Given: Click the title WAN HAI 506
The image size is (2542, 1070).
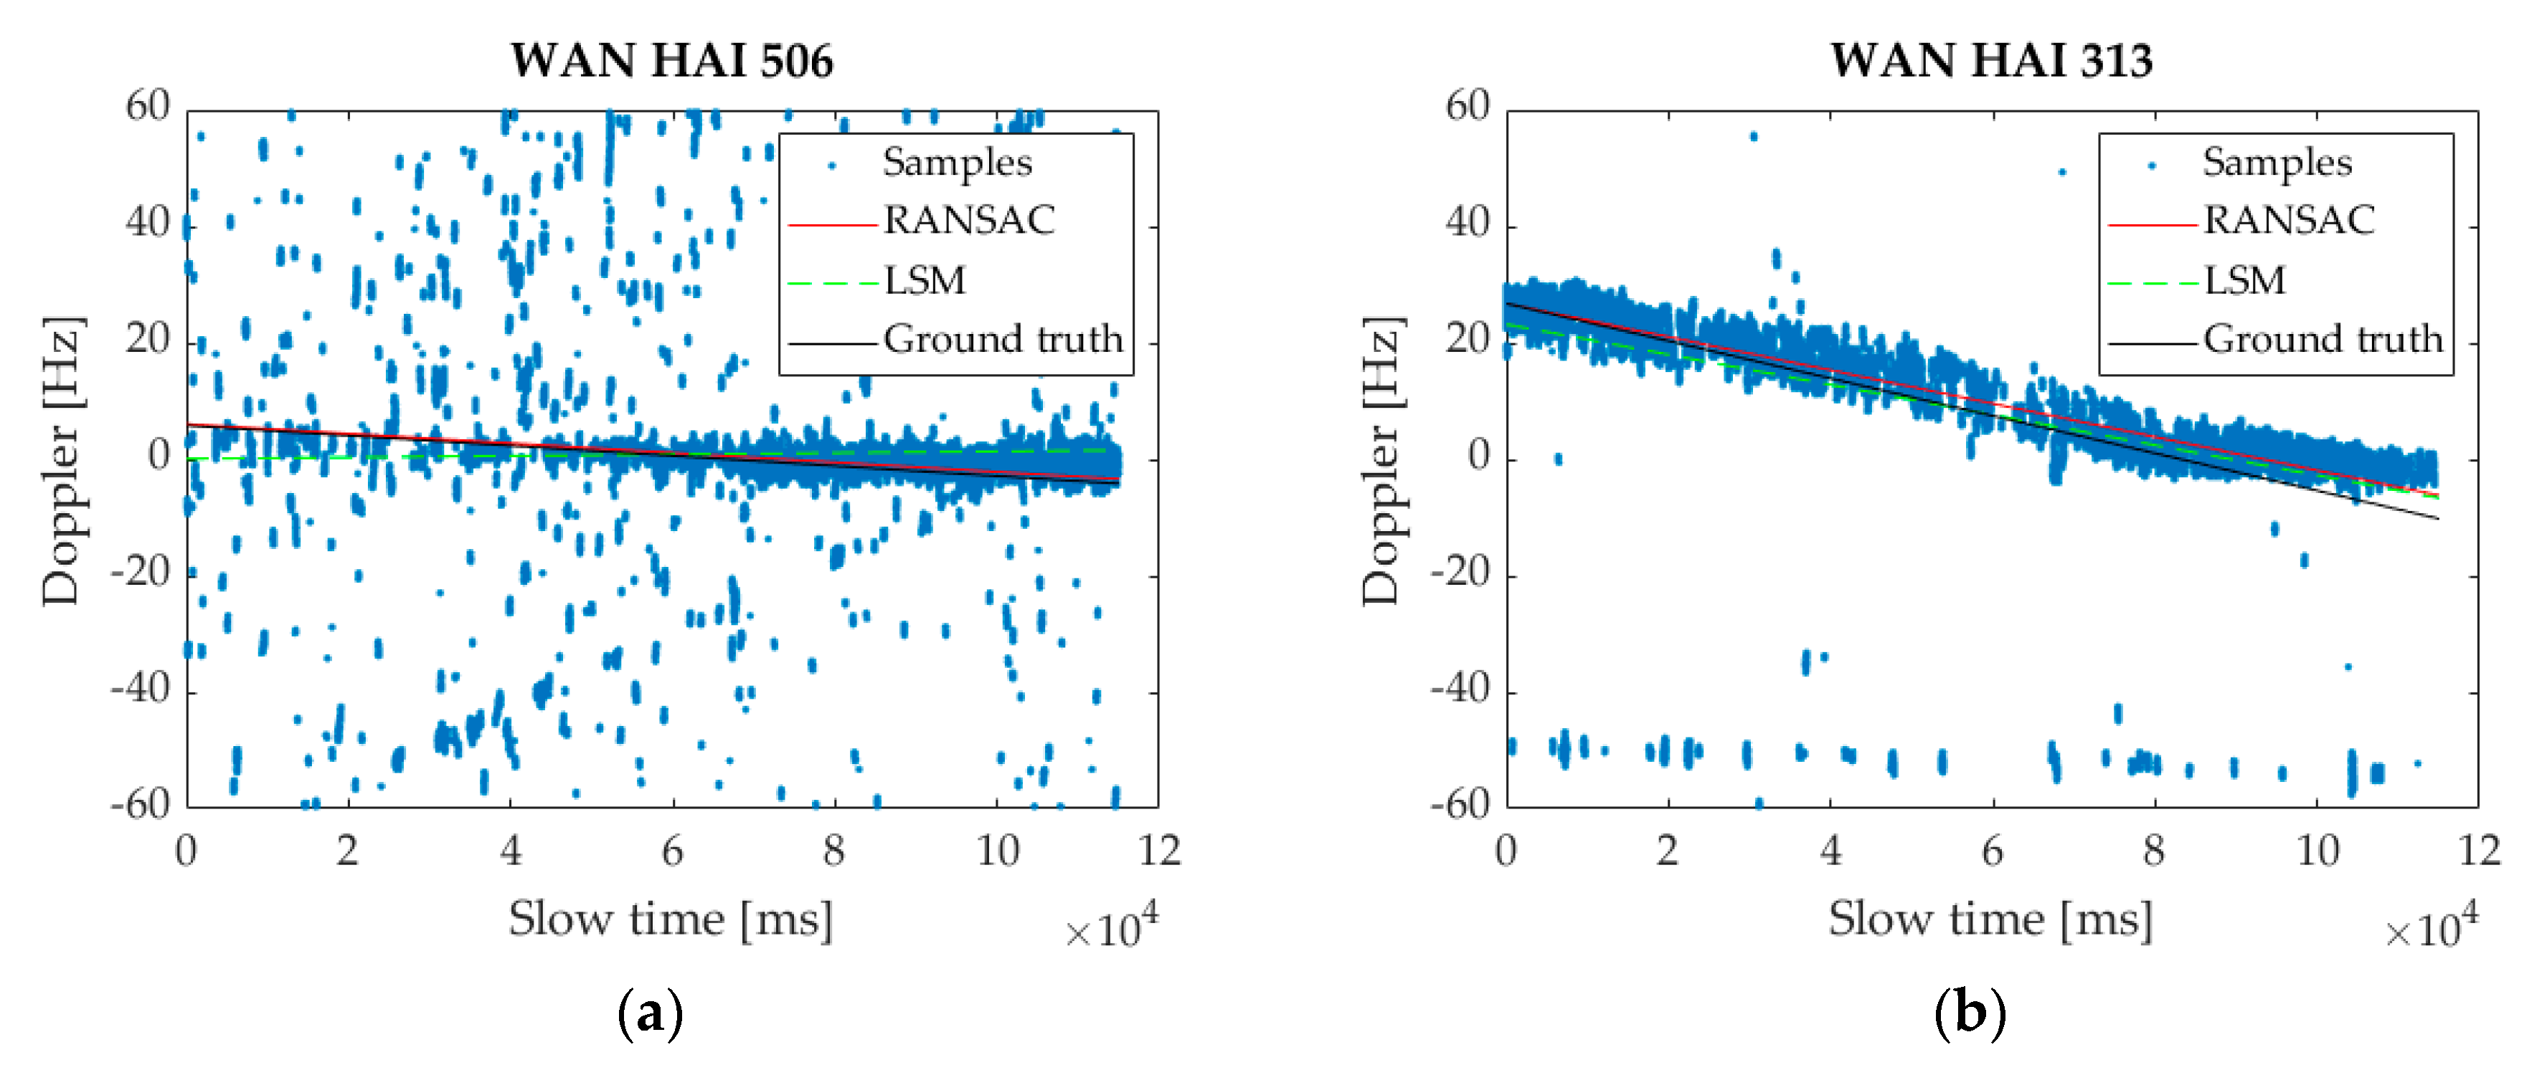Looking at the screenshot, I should click(x=671, y=60).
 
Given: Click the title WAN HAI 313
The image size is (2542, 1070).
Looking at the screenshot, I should click(x=1990, y=60).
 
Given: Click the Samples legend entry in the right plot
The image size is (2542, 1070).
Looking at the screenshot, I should click(x=2276, y=162).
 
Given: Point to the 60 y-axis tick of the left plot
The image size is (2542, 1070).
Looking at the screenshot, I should click(x=148, y=107).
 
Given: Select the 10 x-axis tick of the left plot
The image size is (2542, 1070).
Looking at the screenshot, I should click(x=997, y=850).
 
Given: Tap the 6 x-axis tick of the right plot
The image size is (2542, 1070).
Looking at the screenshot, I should click(x=1993, y=850).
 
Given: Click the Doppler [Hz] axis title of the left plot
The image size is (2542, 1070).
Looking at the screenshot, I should click(x=61, y=461).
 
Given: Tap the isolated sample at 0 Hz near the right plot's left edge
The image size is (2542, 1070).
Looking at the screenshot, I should click(x=1557, y=459).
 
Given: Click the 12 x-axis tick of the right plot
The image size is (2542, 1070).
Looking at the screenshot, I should click(x=2479, y=850).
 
